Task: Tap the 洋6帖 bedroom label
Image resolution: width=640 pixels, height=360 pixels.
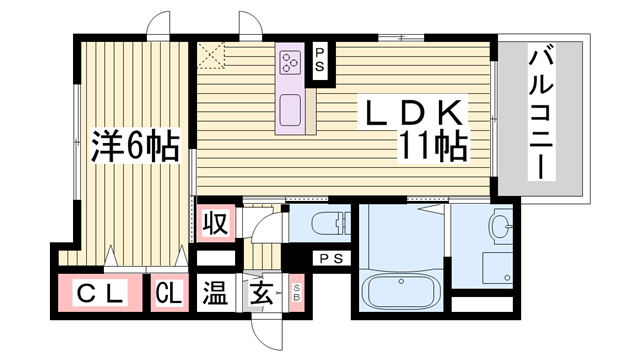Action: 135,146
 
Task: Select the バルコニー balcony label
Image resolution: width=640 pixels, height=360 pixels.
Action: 541,112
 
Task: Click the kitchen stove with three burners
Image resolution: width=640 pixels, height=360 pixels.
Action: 290,62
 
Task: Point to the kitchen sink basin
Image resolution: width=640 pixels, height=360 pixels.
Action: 290,110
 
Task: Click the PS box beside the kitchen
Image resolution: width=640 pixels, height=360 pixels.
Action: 320,61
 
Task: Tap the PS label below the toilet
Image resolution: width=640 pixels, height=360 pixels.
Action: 332,258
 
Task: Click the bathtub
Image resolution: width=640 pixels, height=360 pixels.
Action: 400,290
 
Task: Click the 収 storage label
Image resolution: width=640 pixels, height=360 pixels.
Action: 216,223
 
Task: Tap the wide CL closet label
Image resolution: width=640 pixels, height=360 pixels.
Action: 100,293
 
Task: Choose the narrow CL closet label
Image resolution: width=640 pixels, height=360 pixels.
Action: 169,293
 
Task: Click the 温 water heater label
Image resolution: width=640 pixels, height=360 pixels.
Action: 216,293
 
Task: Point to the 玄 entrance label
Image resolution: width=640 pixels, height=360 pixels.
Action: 261,293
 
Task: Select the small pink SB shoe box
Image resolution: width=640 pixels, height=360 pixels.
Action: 297,292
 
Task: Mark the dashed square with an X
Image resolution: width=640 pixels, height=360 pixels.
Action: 211,55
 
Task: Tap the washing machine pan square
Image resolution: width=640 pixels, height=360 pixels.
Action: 497,268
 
